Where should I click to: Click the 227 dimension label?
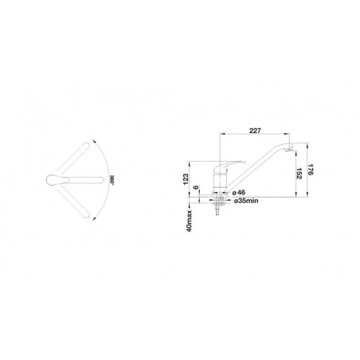pyautogui.click(x=255, y=131)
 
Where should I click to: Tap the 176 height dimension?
pyautogui.click(x=311, y=170)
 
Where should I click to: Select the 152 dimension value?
pyautogui.click(x=299, y=174)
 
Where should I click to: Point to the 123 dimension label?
pyautogui.click(x=186, y=179)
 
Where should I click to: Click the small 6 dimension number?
pyautogui.click(x=196, y=187)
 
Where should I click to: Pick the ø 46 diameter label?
pyautogui.click(x=239, y=192)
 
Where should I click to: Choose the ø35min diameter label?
pyautogui.click(x=246, y=201)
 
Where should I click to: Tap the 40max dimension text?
pyautogui.click(x=189, y=221)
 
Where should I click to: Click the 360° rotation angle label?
pyautogui.click(x=112, y=180)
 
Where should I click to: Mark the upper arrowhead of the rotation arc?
pyautogui.click(x=94, y=141)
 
